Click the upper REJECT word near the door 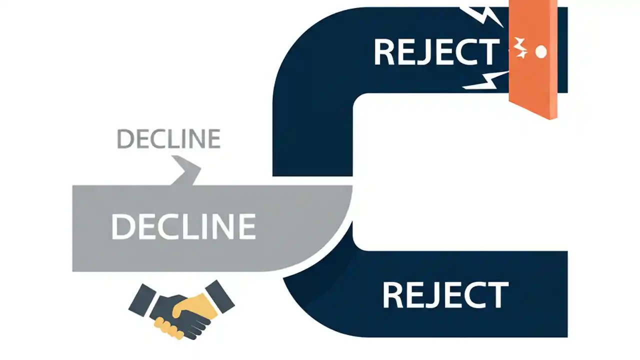pyautogui.click(x=436, y=52)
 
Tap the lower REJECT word pyautogui.click(x=445, y=295)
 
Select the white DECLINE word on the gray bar pyautogui.click(x=183, y=225)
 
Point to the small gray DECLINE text pyautogui.click(x=168, y=138)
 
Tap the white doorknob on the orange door pyautogui.click(x=540, y=51)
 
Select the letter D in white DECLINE pyautogui.click(x=122, y=226)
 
